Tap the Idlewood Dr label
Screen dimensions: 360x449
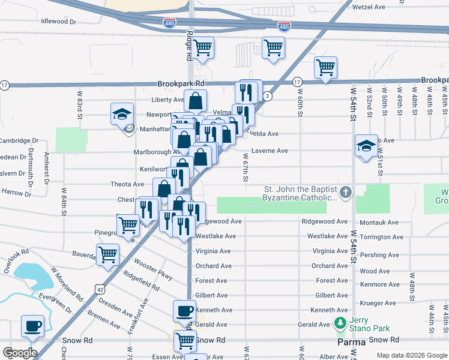point(59,21)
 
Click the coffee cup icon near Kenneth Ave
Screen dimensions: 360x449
point(185,311)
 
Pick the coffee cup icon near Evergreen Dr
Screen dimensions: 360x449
point(32,326)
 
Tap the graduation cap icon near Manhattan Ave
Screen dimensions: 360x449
point(122,113)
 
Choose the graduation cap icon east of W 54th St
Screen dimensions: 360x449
point(366,145)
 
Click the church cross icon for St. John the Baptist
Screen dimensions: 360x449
point(345,193)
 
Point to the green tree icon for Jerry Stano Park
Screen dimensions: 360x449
point(340,324)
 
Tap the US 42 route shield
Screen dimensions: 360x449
point(98,288)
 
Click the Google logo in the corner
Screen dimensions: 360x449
point(19,353)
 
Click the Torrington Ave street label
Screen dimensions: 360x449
point(379,238)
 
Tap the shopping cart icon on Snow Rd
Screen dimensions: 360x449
point(185,340)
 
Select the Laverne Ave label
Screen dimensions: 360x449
point(270,151)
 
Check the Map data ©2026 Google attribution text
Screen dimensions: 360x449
point(411,355)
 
